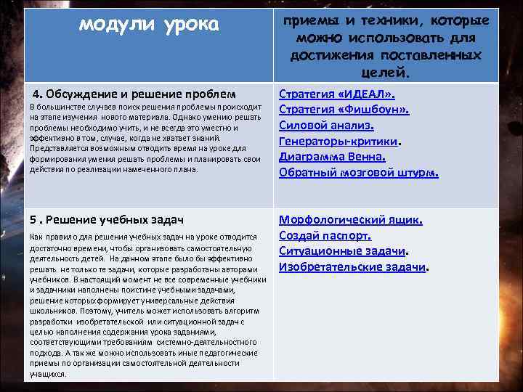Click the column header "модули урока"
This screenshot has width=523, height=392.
[148, 25]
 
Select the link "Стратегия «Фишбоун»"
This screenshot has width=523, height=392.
[344, 110]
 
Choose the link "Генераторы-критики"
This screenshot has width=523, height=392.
[339, 141]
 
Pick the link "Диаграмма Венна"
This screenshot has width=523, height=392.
[332, 156]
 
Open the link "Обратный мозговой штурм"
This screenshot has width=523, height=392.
[358, 172]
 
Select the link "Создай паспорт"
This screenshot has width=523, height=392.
[325, 235]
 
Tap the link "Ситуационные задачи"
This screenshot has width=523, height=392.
[342, 250]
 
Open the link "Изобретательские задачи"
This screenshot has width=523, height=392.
[352, 266]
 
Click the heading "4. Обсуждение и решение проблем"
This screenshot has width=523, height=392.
[134, 94]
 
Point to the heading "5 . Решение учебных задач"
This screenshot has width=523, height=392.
[105, 219]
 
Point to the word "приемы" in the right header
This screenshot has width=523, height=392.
[312, 21]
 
